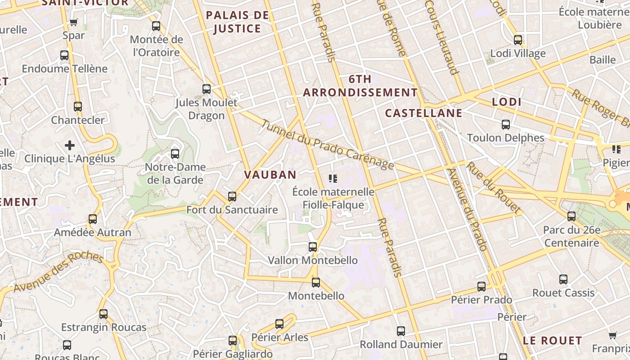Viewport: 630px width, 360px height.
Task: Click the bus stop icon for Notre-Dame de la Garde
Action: pyautogui.click(x=175, y=154)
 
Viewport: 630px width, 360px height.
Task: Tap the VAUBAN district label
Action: pyautogui.click(x=270, y=175)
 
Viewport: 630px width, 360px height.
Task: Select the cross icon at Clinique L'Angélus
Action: pyautogui.click(x=70, y=145)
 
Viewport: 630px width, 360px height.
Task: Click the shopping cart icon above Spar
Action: pyautogui.click(x=74, y=22)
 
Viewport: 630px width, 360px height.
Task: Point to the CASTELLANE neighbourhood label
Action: pyautogui.click(x=423, y=113)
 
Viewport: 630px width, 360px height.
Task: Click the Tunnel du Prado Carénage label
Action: pyautogui.click(x=327, y=145)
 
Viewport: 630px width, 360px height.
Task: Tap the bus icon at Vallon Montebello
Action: pyautogui.click(x=313, y=247)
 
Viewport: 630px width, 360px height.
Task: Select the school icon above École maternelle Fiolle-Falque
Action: pyautogui.click(x=333, y=179)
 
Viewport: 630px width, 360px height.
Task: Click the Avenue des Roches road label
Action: pyautogui.click(x=58, y=272)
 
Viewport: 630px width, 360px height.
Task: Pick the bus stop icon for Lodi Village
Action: pyautogui.click(x=518, y=40)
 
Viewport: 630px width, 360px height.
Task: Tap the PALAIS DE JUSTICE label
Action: pyautogui.click(x=238, y=22)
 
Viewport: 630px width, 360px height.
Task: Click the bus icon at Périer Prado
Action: pyautogui.click(x=481, y=287)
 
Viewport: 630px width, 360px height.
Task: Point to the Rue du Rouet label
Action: pyautogui.click(x=493, y=187)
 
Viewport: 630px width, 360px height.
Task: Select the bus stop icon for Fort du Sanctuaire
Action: pyautogui.click(x=232, y=197)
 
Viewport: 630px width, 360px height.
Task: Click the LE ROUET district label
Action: pyautogui.click(x=553, y=341)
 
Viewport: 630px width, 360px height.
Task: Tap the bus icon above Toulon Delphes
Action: pyautogui.click(x=506, y=125)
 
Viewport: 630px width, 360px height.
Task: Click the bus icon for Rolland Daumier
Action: pyautogui.click(x=401, y=331)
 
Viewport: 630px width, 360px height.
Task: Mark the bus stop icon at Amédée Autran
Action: pyautogui.click(x=93, y=219)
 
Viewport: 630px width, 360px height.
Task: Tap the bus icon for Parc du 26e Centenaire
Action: pyautogui.click(x=571, y=216)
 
